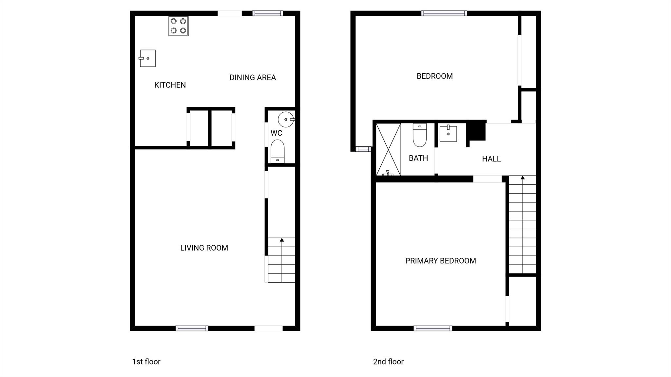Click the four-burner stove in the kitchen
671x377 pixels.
(178, 26)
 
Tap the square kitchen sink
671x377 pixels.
(148, 58)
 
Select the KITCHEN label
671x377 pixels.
(170, 85)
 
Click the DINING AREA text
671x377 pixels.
(253, 78)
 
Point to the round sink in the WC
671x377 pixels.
(286, 120)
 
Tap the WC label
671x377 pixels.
(276, 133)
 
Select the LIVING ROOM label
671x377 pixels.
(204, 248)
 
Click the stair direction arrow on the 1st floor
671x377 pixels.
(282, 240)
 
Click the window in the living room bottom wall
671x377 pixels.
(192, 328)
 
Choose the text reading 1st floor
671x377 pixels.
(146, 362)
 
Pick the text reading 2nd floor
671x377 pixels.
(388, 362)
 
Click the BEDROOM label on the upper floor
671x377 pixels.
(434, 76)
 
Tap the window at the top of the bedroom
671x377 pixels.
(444, 13)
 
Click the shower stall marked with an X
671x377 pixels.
(388, 149)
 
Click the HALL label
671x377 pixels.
(491, 159)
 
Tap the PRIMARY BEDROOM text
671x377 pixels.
(440, 261)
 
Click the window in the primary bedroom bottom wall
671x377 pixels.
(433, 328)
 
